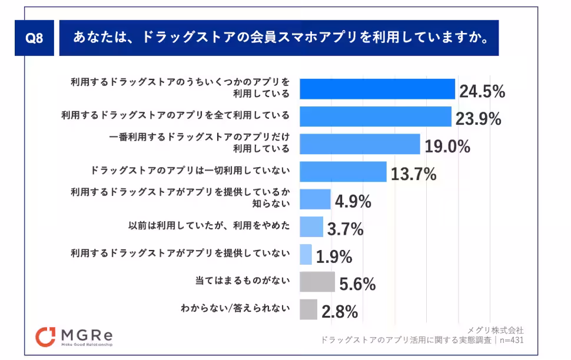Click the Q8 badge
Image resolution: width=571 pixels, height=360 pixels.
click(x=35, y=38)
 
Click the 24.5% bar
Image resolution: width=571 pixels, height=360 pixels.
click(x=377, y=89)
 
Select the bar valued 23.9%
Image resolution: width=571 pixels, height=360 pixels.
click(x=376, y=116)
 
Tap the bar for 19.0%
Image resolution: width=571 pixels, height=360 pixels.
click(x=360, y=144)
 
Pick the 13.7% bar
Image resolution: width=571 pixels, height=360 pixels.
click(x=343, y=171)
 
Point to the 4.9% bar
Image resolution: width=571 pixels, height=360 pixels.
click(x=315, y=199)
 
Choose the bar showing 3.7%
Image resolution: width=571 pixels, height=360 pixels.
click(x=311, y=226)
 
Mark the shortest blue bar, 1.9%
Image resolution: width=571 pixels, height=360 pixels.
click(x=306, y=254)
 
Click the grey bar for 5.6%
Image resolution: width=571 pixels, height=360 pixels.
click(x=317, y=282)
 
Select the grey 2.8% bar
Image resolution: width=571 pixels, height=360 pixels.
click(x=308, y=309)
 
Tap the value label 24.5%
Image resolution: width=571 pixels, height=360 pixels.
click(x=482, y=92)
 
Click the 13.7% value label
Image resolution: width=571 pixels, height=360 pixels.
click(x=413, y=174)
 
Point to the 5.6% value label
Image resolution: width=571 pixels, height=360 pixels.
click(x=357, y=285)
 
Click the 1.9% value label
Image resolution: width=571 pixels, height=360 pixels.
click(x=334, y=257)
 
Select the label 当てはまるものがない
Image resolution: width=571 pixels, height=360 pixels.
click(x=242, y=282)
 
